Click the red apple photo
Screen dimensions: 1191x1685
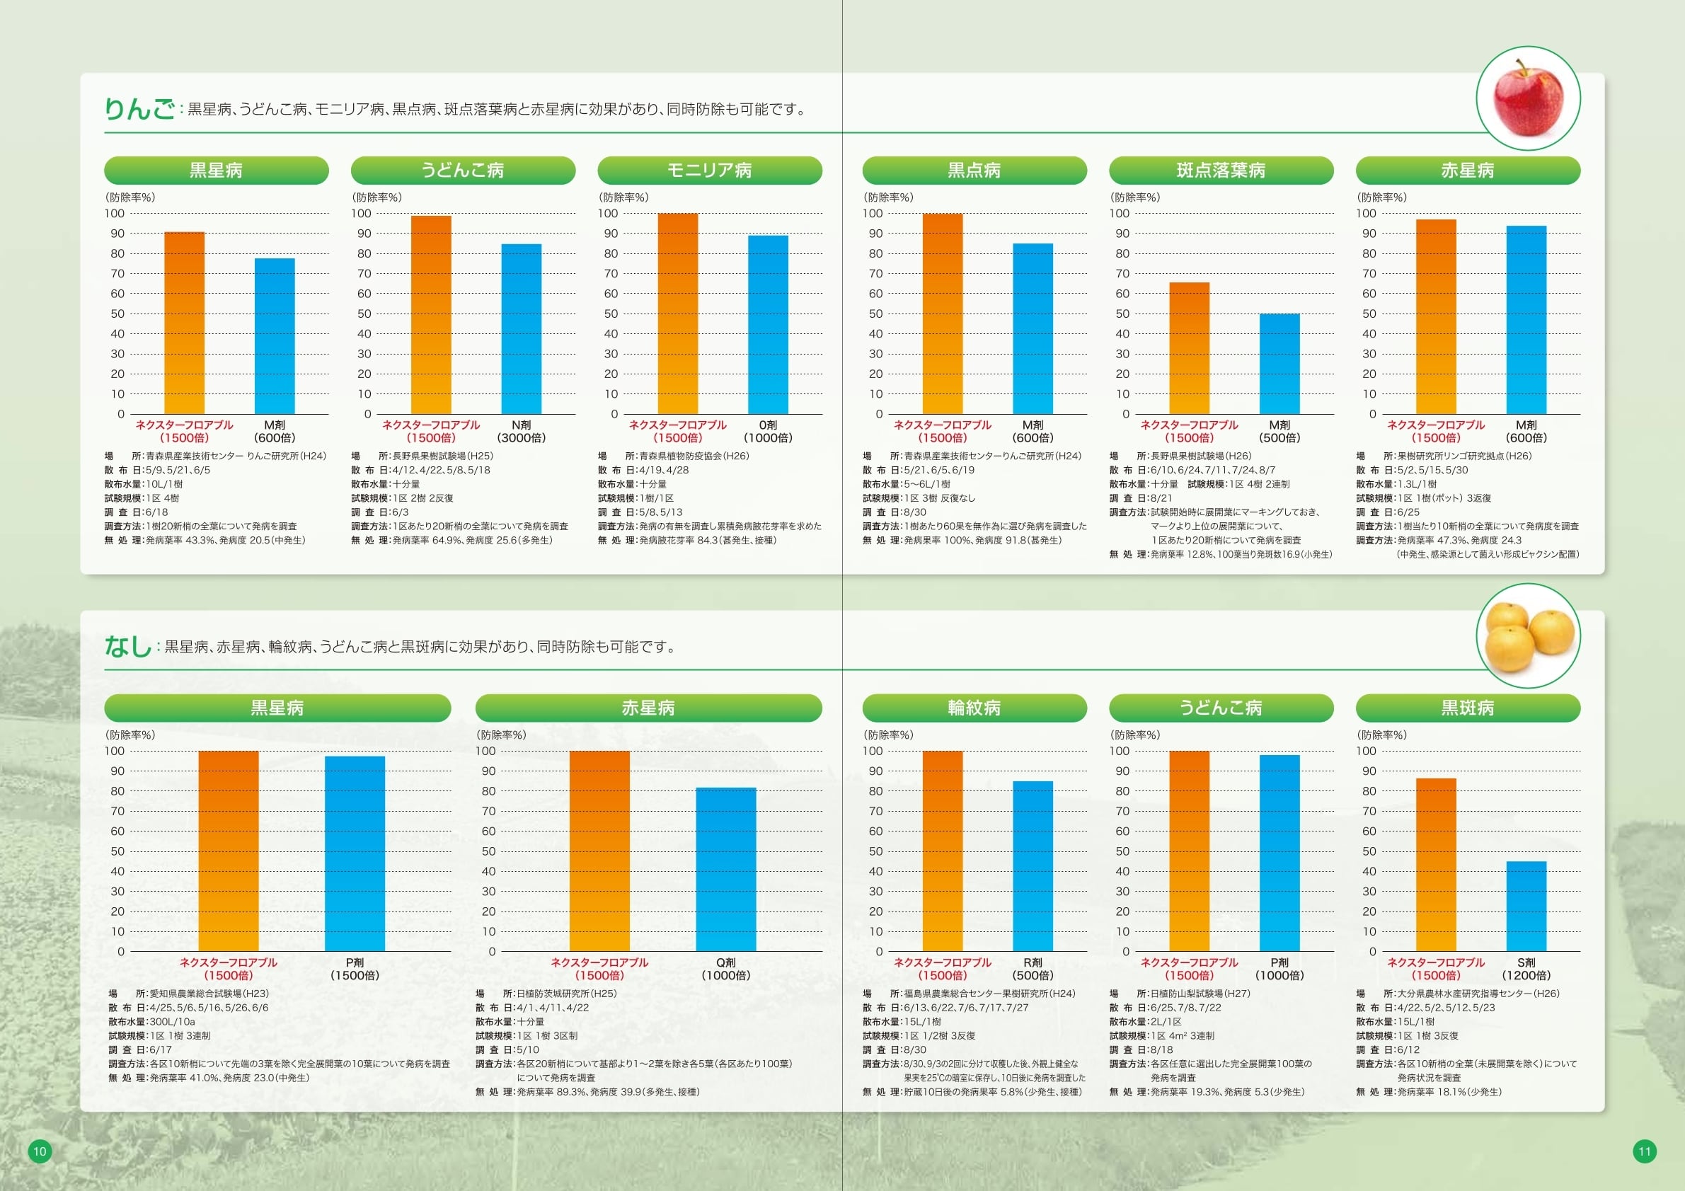coord(1528,98)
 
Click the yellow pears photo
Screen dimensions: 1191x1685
coord(1528,636)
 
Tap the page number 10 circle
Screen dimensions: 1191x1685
coord(40,1151)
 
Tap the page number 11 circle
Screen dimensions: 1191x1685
coord(1645,1151)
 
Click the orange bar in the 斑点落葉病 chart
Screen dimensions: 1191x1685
coord(1189,349)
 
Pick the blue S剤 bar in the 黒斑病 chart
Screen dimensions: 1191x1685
coord(1526,907)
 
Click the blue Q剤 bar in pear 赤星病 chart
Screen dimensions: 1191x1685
coord(725,870)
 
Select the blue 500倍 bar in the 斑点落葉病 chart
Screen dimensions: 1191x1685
coord(1279,364)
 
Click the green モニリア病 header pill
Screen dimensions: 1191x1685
coord(709,171)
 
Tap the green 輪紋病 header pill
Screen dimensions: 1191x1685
coord(974,708)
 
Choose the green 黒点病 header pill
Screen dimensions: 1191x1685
coord(974,171)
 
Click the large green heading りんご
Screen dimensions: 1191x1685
coord(139,110)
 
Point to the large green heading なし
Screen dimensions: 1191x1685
coord(127,647)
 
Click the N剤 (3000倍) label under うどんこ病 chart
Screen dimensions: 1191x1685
coord(521,432)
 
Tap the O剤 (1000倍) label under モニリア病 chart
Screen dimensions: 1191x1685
coord(768,432)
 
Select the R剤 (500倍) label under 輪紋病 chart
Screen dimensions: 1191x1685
coord(1033,969)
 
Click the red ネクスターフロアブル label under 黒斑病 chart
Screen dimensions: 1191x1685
coord(1435,969)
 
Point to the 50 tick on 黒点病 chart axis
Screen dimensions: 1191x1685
coord(875,313)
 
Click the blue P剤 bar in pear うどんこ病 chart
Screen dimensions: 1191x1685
coord(1279,853)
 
